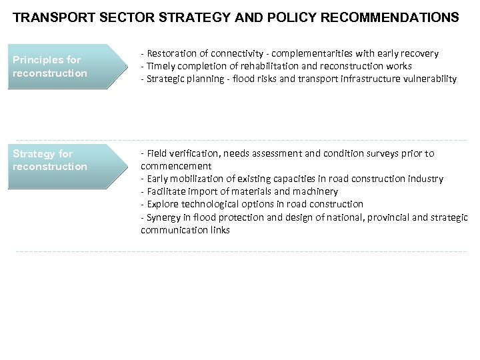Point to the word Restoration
click(x=170, y=53)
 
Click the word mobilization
click(x=197, y=179)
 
